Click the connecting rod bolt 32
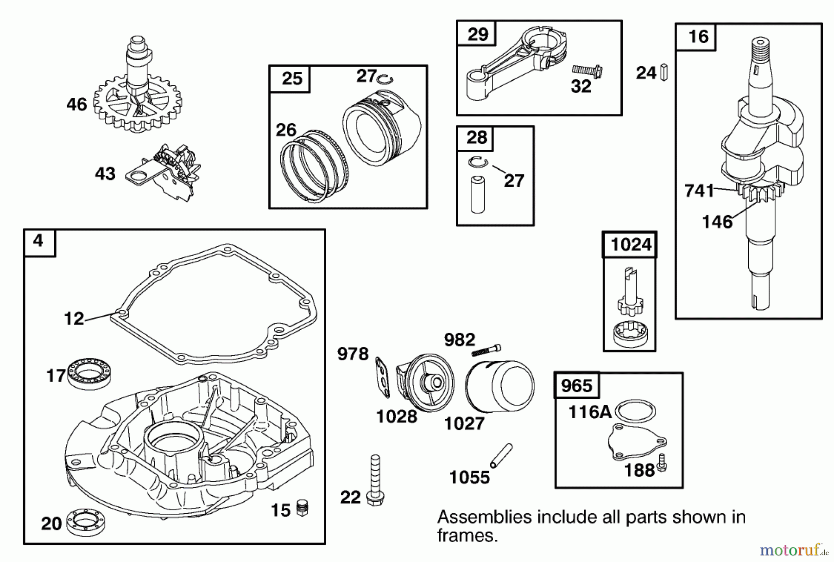[x=587, y=70]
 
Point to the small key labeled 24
[x=663, y=73]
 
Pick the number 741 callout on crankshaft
[x=699, y=191]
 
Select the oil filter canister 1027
[x=499, y=389]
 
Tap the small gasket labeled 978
[x=383, y=377]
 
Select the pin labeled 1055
[x=501, y=456]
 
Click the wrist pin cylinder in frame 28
[x=477, y=194]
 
